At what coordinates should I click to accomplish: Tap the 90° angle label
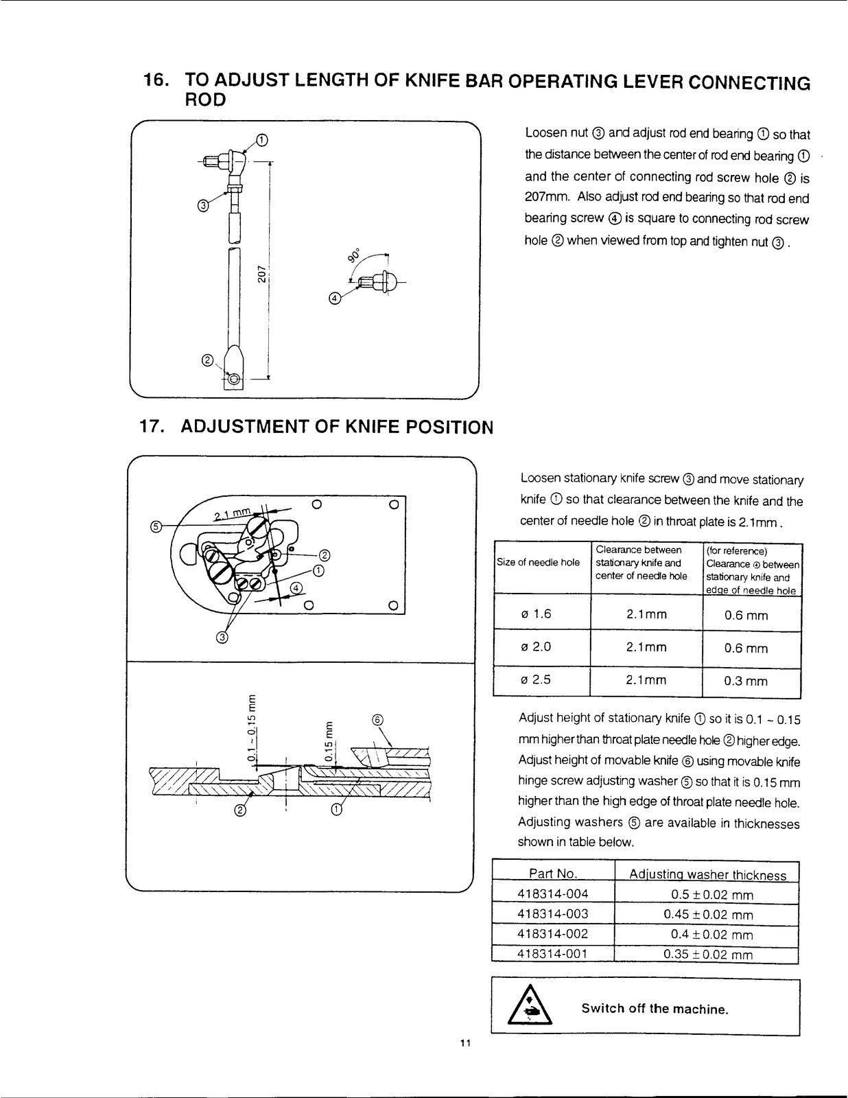tap(354, 255)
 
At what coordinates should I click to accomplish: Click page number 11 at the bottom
tap(465, 1043)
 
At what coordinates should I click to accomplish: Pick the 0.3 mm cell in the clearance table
tap(746, 681)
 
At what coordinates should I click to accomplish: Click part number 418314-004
tap(553, 894)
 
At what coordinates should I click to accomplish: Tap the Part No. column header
tap(553, 873)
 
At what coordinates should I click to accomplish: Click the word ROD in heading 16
tap(205, 100)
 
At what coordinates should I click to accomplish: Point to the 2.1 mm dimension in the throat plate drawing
tap(233, 515)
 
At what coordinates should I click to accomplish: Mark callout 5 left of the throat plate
tap(156, 527)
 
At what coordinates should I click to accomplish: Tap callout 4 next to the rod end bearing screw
tap(334, 299)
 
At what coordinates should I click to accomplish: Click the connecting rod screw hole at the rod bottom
tap(233, 379)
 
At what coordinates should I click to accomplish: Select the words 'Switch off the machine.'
tap(655, 1009)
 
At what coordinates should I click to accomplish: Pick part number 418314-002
tap(553, 934)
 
